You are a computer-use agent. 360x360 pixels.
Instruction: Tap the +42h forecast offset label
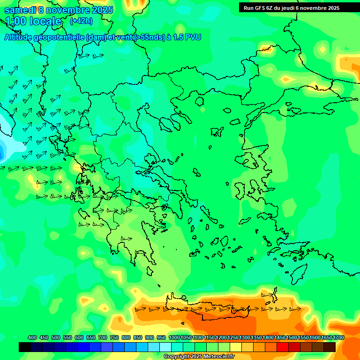81,21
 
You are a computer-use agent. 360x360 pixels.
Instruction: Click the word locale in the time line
45,21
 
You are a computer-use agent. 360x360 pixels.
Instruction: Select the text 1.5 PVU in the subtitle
187,37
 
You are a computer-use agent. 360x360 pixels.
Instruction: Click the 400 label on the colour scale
32,338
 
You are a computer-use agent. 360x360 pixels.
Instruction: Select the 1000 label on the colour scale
174,338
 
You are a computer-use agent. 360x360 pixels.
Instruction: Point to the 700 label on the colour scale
103,338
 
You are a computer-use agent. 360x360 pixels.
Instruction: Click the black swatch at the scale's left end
25,347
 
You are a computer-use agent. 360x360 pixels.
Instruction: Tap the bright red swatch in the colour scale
283,347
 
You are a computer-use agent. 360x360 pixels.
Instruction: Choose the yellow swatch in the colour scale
236,347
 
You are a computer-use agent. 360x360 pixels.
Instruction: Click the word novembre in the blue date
67,10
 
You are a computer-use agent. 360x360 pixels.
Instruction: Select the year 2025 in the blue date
102,10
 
